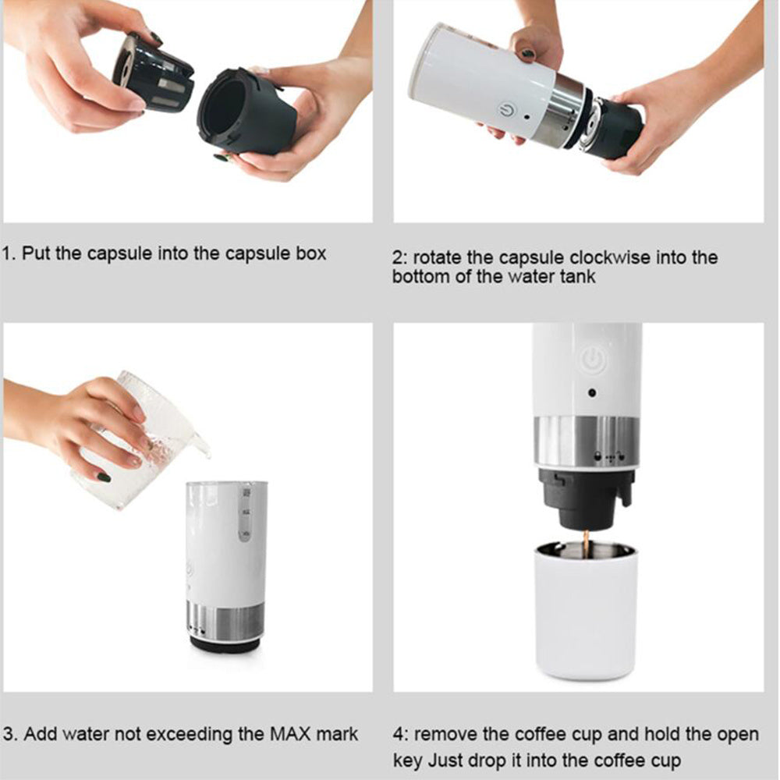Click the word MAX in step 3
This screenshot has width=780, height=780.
(x=291, y=734)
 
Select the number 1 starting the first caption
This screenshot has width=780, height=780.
(x=7, y=253)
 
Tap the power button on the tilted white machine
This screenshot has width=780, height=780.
(x=507, y=112)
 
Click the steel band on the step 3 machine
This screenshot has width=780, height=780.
(x=226, y=621)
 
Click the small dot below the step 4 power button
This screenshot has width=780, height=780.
(x=592, y=394)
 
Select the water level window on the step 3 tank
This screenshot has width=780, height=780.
(x=244, y=515)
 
